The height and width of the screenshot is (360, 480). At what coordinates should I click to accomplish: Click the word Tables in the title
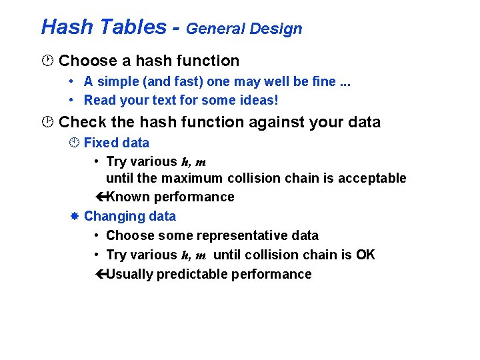tap(131, 27)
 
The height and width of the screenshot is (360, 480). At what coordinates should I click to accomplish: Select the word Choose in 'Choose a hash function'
tap(87, 61)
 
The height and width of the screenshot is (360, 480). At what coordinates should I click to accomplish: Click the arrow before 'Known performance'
tap(101, 197)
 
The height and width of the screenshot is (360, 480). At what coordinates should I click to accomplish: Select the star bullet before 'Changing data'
tap(75, 217)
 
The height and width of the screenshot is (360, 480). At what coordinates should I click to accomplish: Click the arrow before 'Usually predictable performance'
tap(101, 275)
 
